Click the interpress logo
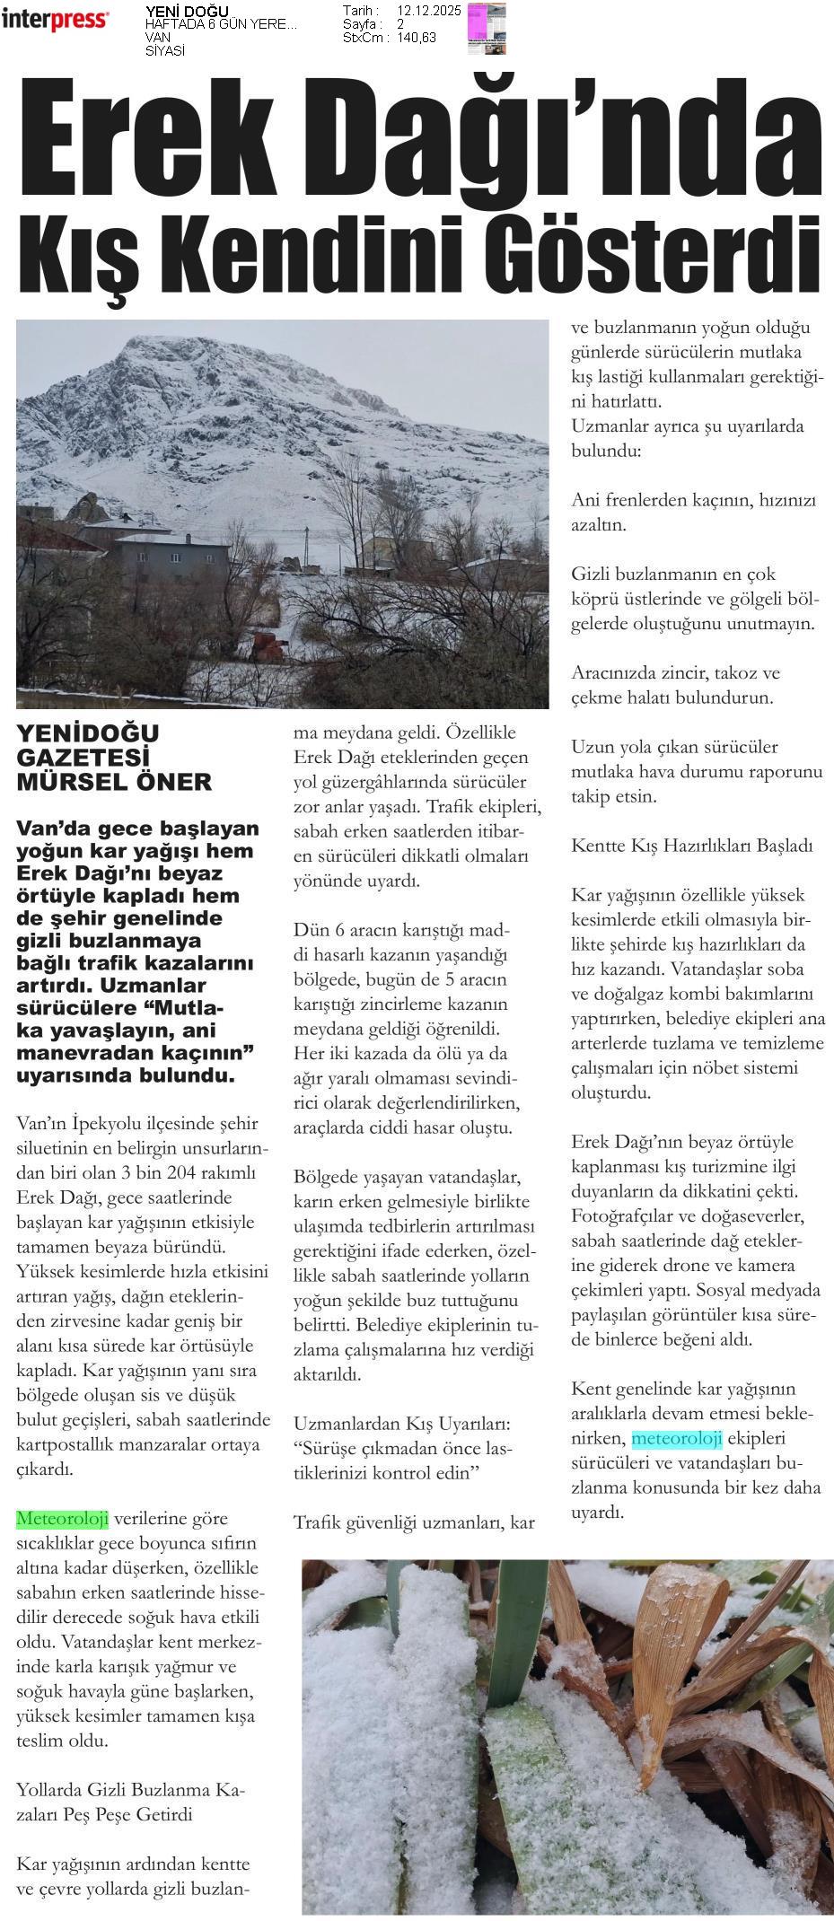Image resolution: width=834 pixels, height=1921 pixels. [56, 20]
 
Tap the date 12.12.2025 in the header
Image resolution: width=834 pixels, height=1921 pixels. [428, 11]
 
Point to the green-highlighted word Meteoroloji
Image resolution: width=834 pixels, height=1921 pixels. [62, 1519]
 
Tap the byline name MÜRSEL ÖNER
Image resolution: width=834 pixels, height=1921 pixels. [114, 782]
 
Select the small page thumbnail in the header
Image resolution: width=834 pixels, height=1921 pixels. [487, 28]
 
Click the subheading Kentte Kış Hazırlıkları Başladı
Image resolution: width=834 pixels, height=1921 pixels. [691, 846]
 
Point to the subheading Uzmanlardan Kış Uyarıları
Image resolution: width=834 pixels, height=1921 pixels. [402, 1424]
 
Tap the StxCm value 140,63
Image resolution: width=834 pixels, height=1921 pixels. [417, 38]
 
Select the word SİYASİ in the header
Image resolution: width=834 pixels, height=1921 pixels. [164, 51]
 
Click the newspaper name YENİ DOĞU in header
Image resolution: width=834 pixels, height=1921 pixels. [187, 12]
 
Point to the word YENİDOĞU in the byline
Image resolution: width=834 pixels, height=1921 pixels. [87, 733]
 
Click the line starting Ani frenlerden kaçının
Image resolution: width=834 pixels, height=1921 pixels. [693, 500]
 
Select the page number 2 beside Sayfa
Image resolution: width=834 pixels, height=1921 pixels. [400, 24]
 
